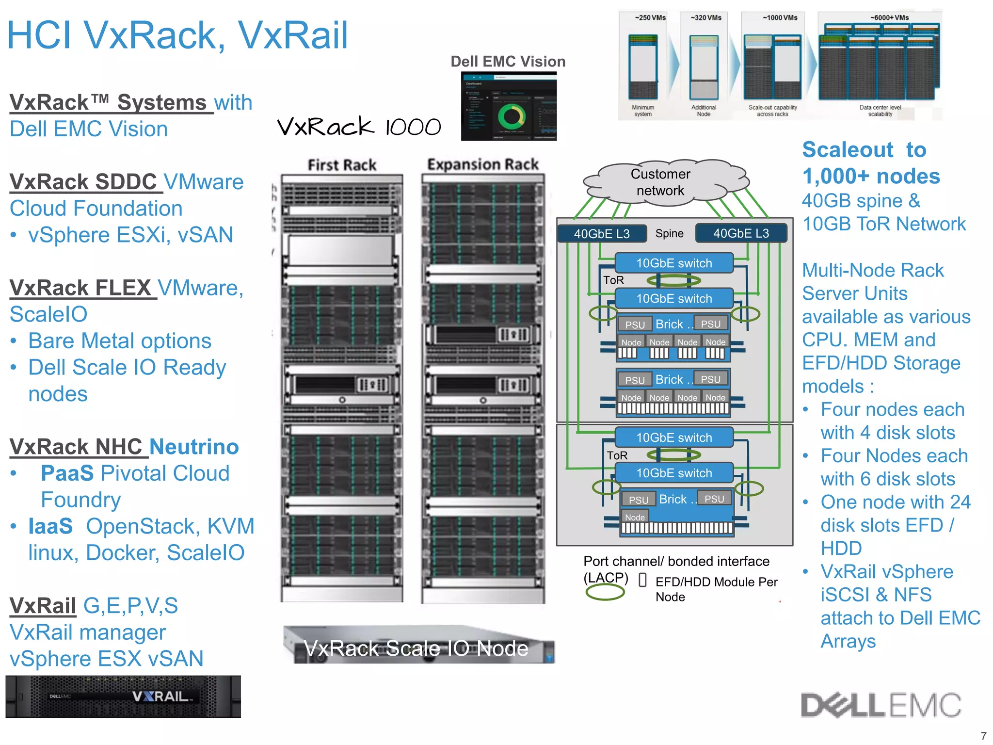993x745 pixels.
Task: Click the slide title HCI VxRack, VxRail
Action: click(177, 35)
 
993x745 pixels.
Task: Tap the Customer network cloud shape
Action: click(660, 182)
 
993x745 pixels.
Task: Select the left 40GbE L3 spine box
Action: click(602, 233)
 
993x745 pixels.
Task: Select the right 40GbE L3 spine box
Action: click(741, 233)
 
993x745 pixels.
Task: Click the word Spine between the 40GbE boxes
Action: click(669, 233)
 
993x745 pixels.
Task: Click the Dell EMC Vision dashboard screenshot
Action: click(509, 107)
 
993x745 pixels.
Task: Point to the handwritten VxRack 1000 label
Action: click(359, 127)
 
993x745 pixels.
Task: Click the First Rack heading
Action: click(342, 165)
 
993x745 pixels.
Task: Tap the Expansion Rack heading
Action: click(483, 164)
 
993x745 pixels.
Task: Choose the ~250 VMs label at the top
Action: click(650, 18)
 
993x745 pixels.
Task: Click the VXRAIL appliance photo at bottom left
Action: click(123, 696)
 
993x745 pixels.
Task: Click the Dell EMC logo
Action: click(881, 705)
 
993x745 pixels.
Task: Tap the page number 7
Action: click(983, 735)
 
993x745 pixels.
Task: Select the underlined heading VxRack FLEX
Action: click(80, 288)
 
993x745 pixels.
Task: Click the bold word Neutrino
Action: click(194, 447)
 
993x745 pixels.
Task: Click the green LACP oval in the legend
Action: click(605, 592)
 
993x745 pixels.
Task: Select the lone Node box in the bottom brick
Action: click(635, 518)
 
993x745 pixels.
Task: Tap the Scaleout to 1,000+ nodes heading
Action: click(870, 163)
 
